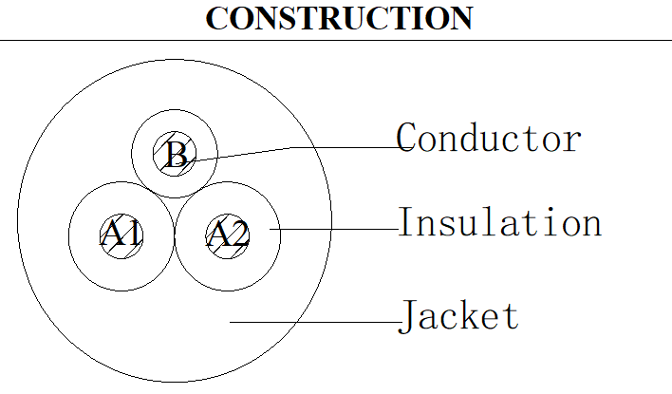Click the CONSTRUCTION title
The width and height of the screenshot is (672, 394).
click(339, 18)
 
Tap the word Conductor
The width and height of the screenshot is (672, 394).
click(489, 138)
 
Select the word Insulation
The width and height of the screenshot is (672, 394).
click(500, 221)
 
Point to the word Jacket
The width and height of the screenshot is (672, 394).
click(458, 316)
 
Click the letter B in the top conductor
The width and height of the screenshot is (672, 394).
click(176, 155)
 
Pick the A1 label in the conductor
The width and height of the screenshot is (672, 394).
click(121, 233)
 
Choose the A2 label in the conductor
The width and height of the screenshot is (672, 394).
click(228, 233)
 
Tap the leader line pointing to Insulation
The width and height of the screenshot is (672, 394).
click(334, 229)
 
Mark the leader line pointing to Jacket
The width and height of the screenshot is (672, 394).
click(315, 322)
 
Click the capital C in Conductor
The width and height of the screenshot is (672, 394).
click(405, 138)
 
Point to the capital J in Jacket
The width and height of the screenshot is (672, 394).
click(407, 316)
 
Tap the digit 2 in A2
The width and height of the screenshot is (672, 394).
click(239, 234)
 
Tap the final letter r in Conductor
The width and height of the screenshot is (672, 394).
click(573, 141)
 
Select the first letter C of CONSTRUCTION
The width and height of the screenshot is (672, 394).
click(216, 18)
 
